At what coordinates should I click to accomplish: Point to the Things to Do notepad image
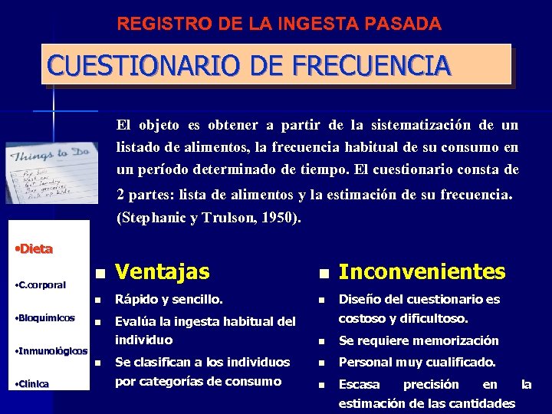(51, 172)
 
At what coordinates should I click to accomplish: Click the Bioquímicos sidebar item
(45, 317)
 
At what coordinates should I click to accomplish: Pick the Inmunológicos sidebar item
(51, 351)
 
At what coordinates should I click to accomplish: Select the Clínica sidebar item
(33, 384)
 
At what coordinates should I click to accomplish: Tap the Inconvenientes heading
(422, 271)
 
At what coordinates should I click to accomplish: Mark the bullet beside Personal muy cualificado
(323, 363)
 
